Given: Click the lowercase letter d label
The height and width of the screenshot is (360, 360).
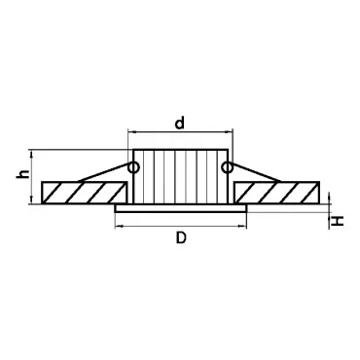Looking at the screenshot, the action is pyautogui.click(x=179, y=123).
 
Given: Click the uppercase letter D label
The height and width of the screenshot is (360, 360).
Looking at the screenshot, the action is pyautogui.click(x=181, y=238).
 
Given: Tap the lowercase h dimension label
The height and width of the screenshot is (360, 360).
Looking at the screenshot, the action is pyautogui.click(x=22, y=174).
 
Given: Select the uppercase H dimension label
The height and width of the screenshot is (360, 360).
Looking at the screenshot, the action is pyautogui.click(x=338, y=221).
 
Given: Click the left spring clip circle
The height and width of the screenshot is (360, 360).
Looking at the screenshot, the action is pyautogui.click(x=134, y=167).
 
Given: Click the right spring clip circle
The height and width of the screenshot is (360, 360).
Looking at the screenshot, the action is pyautogui.click(x=227, y=167).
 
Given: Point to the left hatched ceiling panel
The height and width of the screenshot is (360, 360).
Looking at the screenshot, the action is pyautogui.click(x=84, y=193).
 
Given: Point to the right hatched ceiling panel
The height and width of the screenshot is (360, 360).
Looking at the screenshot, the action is pyautogui.click(x=277, y=193).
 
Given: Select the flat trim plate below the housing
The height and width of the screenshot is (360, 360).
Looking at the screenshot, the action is pyautogui.click(x=181, y=208).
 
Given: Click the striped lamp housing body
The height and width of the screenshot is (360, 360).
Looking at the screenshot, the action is pyautogui.click(x=181, y=176).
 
